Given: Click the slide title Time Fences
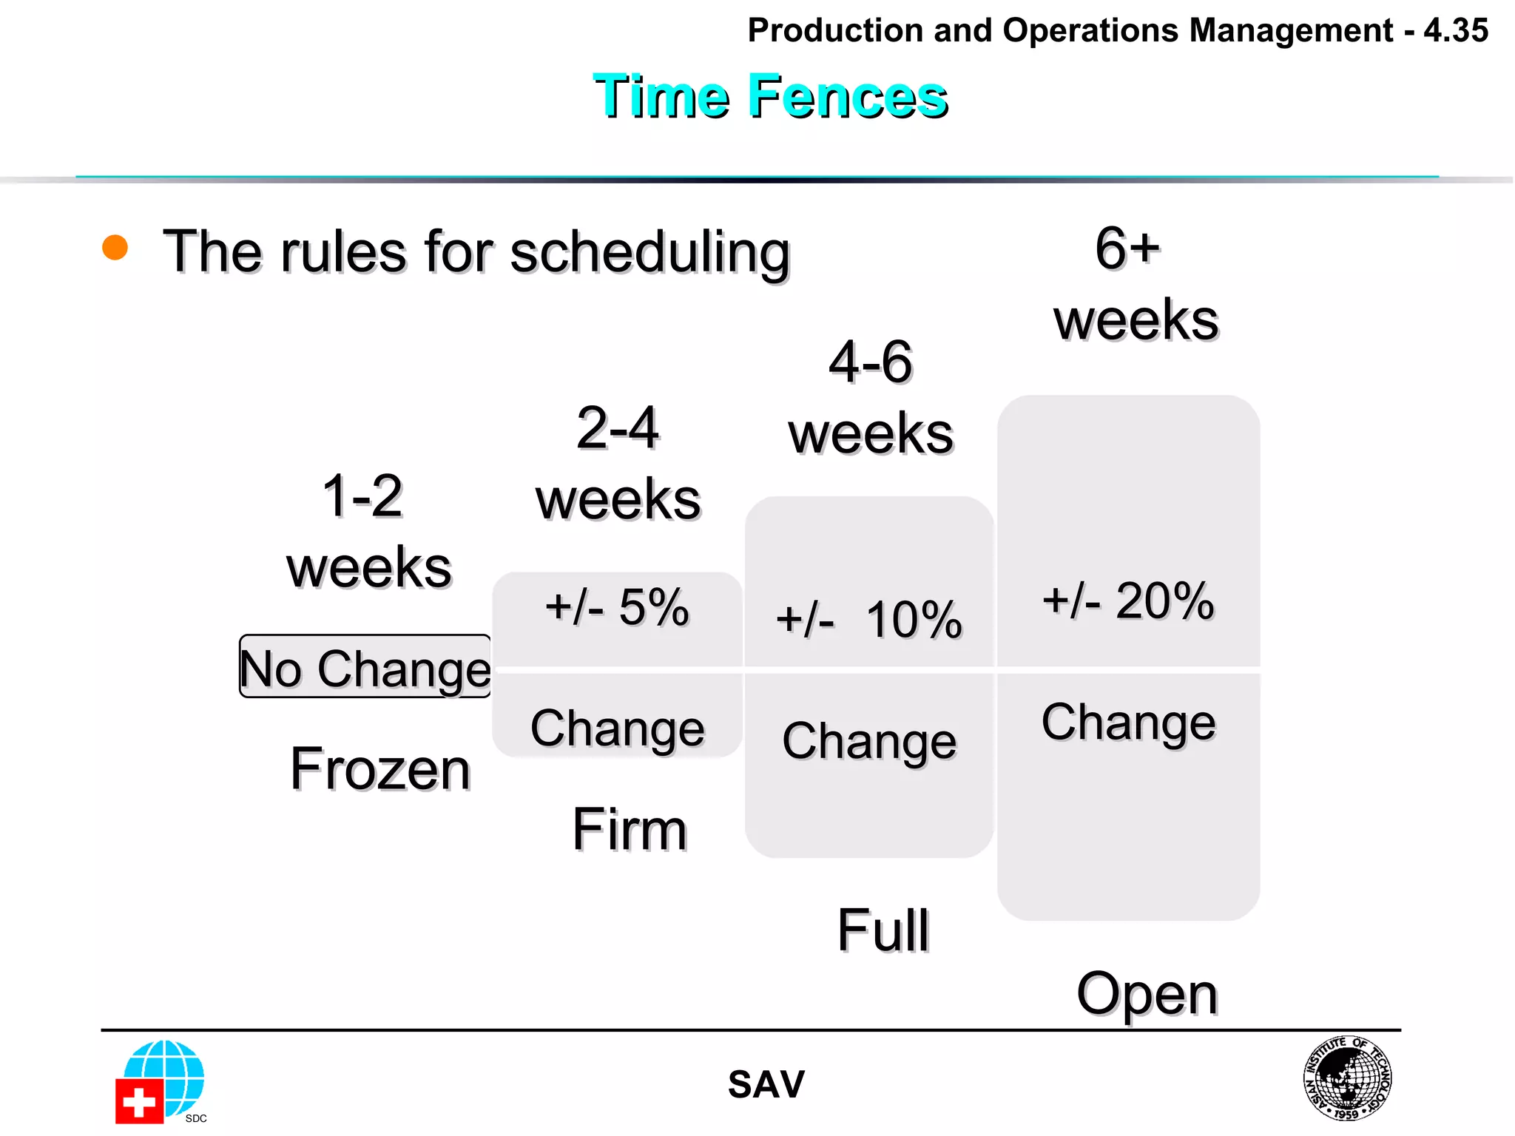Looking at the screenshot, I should click(770, 96).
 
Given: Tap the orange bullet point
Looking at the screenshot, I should click(115, 247).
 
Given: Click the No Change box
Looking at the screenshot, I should click(365, 667).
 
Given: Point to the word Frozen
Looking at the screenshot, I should click(380, 769).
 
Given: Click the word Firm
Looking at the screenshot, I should click(630, 830).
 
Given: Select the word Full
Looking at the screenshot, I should click(883, 930).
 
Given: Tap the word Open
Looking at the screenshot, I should click(1147, 994).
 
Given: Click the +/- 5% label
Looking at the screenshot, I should click(617, 607).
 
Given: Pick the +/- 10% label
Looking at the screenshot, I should click(869, 619).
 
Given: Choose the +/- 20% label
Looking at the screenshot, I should click(1128, 601).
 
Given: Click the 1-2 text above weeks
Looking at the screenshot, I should click(362, 496).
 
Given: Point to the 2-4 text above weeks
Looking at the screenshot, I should click(618, 428).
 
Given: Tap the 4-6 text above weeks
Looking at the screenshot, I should click(871, 362).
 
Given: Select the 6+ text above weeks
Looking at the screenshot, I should click(1127, 248).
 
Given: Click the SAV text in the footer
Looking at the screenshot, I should click(766, 1085).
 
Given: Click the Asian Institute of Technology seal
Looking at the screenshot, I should click(1347, 1078).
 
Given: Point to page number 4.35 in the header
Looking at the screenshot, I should click(1455, 31).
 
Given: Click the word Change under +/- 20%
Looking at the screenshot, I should click(1128, 723).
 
